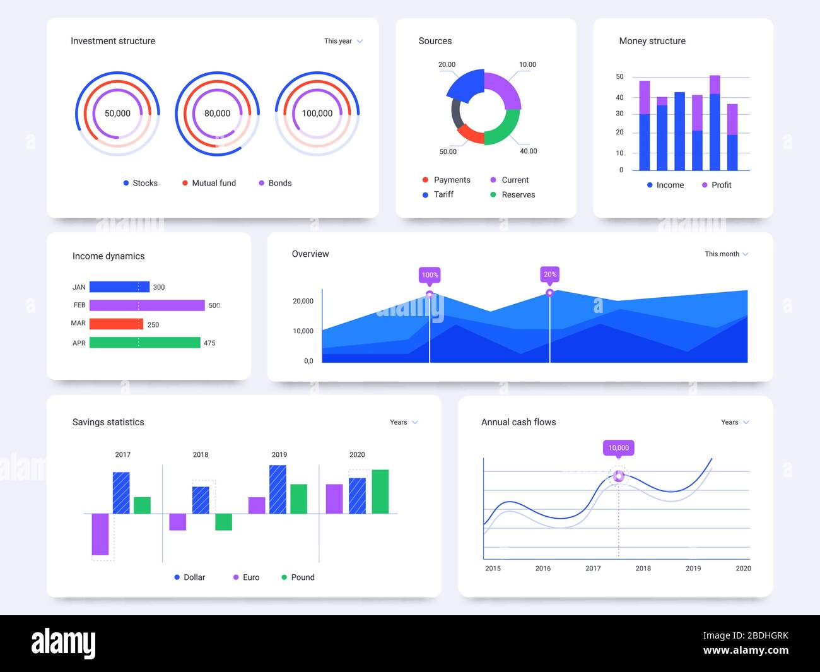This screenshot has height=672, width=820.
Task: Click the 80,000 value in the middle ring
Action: (x=217, y=114)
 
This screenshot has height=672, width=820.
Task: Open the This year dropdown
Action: (x=343, y=41)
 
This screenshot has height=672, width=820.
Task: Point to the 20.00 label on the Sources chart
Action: (x=447, y=64)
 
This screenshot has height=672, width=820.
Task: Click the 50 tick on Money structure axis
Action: (x=619, y=77)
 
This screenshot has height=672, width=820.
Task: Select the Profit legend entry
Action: (x=717, y=185)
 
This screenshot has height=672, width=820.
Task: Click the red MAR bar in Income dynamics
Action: (x=116, y=324)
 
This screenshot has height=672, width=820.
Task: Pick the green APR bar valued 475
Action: (x=144, y=343)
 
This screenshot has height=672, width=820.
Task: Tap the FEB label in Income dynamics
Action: (x=79, y=305)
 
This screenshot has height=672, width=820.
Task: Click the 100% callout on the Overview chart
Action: (x=430, y=275)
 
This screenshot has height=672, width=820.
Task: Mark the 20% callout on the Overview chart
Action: (x=550, y=274)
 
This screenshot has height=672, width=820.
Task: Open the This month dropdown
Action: (x=726, y=254)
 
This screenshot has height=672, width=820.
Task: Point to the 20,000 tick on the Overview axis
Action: (x=303, y=301)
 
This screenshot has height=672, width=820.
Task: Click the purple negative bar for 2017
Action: (x=100, y=534)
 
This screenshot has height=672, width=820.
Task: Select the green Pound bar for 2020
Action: (x=380, y=492)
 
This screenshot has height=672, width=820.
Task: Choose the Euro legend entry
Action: (x=246, y=577)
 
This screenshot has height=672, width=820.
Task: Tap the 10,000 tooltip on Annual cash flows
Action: (x=618, y=448)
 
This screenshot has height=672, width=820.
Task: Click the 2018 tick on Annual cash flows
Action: (x=643, y=569)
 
